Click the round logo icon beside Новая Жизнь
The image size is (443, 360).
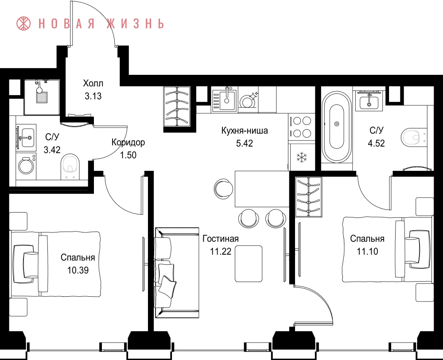23,23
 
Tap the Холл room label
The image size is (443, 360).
93,83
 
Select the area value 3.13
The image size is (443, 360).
93,96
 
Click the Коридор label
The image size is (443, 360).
128,142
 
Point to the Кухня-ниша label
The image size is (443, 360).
245,131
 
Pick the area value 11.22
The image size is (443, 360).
220,251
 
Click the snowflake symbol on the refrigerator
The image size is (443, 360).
302,157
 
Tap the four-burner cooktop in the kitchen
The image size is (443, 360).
302,127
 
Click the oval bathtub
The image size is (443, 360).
337,127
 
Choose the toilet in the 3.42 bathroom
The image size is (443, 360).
70,166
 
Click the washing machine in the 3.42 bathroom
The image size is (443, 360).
26,166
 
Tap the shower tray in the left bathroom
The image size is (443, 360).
42,97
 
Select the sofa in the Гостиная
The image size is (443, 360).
177,272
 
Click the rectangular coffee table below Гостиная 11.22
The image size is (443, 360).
249,264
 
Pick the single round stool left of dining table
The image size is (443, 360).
223,189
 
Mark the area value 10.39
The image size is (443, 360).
78,270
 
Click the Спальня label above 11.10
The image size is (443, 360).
367,239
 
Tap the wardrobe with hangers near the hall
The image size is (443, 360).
177,106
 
